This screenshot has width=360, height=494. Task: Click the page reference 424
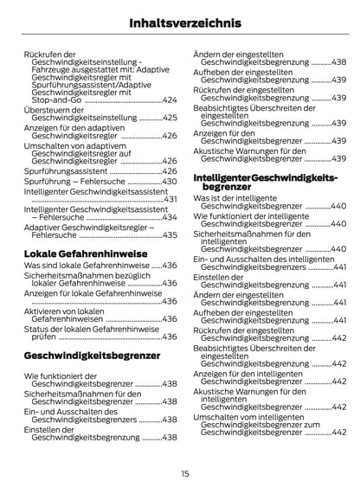coord(170,100)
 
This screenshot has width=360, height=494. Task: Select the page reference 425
coord(170,117)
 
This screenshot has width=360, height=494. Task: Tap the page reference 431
coord(170,198)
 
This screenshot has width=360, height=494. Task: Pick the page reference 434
coord(170,218)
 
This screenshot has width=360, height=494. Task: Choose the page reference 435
coord(170,234)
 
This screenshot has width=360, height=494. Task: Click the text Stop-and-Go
coord(53,100)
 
